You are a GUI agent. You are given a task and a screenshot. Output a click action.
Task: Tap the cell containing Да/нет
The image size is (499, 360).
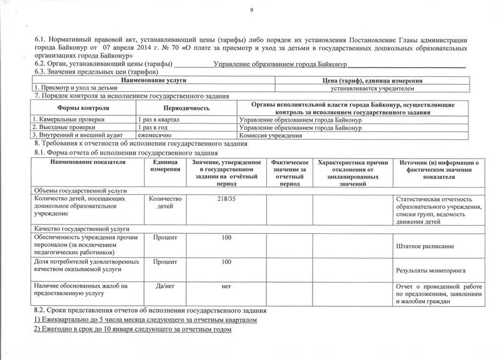pos(165,286)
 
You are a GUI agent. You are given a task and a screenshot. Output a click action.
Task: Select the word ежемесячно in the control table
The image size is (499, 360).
pos(155,135)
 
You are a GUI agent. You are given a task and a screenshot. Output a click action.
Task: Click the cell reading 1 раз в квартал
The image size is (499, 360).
pos(158,119)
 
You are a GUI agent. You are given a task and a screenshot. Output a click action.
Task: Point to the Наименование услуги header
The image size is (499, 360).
pos(153,80)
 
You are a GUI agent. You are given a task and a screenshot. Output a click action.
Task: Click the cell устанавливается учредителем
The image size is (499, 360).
pos(372,89)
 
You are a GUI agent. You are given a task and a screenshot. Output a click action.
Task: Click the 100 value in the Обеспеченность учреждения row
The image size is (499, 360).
pos(226,238)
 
